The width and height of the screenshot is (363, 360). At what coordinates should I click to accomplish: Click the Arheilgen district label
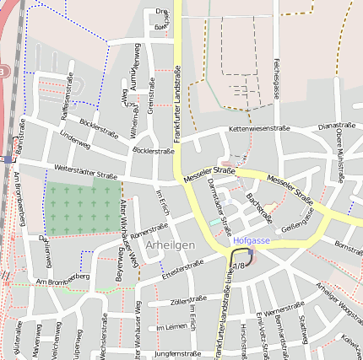tap(171, 244)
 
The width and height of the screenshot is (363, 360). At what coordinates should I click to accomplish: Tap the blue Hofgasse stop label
tap(252, 240)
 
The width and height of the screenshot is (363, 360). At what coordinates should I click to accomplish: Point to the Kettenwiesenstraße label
tap(259, 129)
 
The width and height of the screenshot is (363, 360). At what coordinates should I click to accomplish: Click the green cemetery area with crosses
tap(83, 207)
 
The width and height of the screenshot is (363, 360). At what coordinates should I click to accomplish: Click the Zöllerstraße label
tap(188, 300)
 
